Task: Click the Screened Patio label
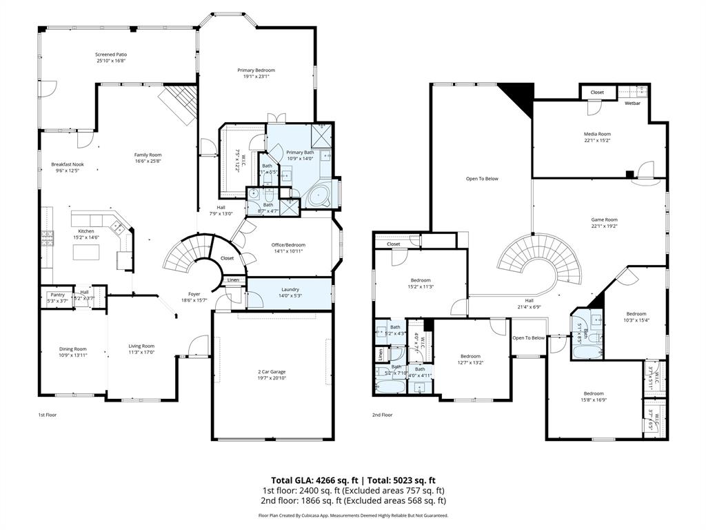(110, 54)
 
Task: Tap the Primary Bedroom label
(256, 70)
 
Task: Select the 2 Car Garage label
(271, 371)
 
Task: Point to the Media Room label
(597, 134)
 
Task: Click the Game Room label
(604, 219)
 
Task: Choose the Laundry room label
(290, 289)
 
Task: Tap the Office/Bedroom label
(288, 245)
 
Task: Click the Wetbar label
(632, 104)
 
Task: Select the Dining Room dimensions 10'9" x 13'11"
(72, 355)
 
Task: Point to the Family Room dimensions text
(148, 161)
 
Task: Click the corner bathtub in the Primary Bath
(319, 196)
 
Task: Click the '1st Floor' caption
(48, 415)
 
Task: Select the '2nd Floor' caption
(382, 415)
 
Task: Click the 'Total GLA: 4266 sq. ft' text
(310, 480)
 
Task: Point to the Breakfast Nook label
(66, 164)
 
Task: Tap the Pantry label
(57, 295)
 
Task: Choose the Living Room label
(141, 346)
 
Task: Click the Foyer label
(194, 294)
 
